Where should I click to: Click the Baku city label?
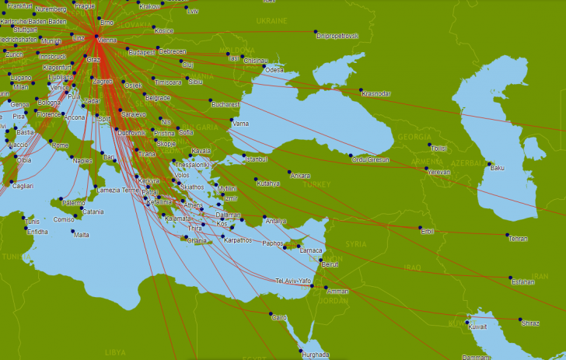(x=497, y=168)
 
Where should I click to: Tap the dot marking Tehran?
(x=508, y=235)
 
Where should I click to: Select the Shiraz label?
(x=530, y=323)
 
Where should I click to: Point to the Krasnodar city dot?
(x=361, y=89)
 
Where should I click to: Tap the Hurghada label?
(x=316, y=355)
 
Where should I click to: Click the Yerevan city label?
(x=438, y=172)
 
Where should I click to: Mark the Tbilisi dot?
(x=429, y=145)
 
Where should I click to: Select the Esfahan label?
(x=523, y=281)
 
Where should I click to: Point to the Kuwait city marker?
(x=469, y=318)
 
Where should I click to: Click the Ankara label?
(x=300, y=176)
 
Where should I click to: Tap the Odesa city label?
(x=274, y=70)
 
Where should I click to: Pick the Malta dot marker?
(x=74, y=231)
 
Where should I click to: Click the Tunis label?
(x=31, y=221)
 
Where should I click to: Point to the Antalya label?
(x=276, y=221)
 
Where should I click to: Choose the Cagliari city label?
(x=23, y=186)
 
